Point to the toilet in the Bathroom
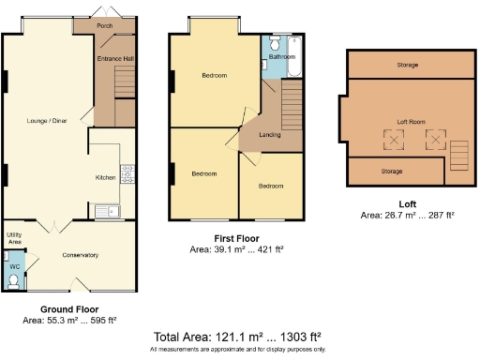[x=275, y=43]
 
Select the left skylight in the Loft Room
[x=392, y=141]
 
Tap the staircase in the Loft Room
[x=458, y=153]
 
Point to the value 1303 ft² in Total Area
[x=297, y=337]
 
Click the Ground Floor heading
[x=69, y=308]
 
